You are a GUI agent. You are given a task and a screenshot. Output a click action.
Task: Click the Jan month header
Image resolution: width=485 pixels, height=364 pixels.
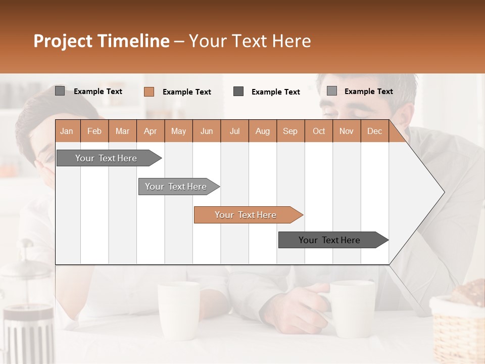tap(67, 131)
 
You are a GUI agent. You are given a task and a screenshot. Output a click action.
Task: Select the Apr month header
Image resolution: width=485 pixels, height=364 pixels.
tap(151, 131)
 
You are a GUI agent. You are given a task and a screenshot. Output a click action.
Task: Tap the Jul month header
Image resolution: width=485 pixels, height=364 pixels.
tap(234, 131)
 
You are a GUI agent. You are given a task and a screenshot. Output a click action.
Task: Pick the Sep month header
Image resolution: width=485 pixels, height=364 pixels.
tap(290, 131)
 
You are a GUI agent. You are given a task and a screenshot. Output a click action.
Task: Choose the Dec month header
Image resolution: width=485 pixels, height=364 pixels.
tap(374, 131)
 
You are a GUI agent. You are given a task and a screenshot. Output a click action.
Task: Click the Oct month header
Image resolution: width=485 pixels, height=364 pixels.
tap(319, 131)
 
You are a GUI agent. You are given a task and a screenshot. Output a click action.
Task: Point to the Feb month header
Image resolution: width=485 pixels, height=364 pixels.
tap(94, 131)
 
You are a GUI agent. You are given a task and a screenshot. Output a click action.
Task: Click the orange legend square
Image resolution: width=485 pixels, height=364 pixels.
tap(149, 92)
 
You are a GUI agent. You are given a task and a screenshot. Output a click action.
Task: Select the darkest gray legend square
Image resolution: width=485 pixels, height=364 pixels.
tap(238, 92)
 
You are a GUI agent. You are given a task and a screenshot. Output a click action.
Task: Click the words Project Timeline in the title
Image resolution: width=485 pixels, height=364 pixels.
tap(101, 41)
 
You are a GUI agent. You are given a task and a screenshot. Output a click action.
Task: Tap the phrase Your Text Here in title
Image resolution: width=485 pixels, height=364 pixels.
tap(250, 41)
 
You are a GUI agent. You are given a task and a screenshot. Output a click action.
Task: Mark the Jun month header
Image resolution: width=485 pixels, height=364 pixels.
tap(207, 131)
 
